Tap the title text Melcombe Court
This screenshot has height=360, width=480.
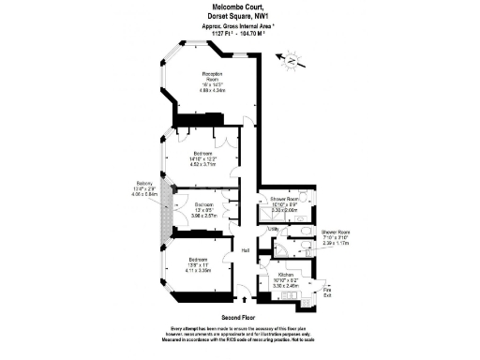[239, 7]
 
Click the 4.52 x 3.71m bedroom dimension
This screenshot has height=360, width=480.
[204, 164]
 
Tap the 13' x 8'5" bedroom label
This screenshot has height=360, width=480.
[204, 209]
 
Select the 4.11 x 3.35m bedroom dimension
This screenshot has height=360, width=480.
[202, 269]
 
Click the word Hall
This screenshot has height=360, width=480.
[246, 249]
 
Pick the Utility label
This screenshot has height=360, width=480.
[274, 229]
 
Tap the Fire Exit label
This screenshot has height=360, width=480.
[326, 292]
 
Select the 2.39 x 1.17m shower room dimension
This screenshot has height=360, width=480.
[335, 242]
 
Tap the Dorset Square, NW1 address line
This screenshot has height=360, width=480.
[239, 16]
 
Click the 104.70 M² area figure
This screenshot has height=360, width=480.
[259, 33]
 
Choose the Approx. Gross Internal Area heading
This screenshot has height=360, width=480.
[239, 25]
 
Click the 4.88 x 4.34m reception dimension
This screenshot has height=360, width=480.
[211, 90]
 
